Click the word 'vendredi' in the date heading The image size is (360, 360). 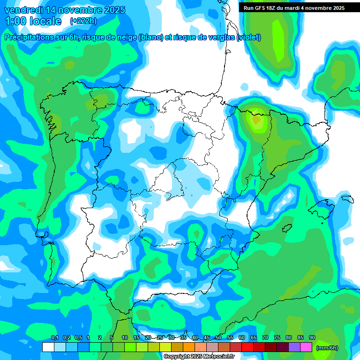coord(22,10)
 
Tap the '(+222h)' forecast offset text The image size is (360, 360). coord(83,21)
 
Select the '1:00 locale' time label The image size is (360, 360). coord(33,21)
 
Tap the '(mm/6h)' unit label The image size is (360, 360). coord(327,348)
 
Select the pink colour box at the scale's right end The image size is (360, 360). coord(306,347)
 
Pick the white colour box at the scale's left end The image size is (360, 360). coord(48,347)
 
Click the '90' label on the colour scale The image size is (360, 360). coord(312,338)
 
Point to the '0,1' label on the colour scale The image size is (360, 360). coord(54,338)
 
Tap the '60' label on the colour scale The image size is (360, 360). coord(242,338)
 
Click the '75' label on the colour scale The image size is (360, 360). coord(277,338)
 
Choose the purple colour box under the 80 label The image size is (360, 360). coord(294,347)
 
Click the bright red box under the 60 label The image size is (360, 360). coord(247,347)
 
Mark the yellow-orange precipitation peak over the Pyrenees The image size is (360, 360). coord(256,119)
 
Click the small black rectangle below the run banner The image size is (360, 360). coord(245,86)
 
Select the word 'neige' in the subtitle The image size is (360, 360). coord(126,37)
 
